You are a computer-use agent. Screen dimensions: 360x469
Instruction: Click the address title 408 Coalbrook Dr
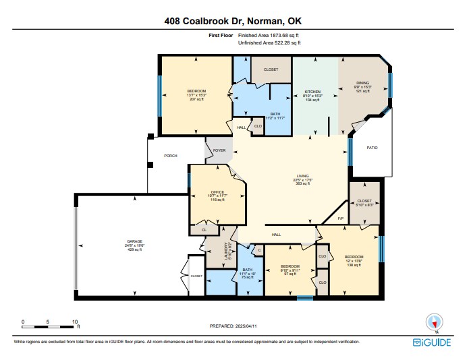234,21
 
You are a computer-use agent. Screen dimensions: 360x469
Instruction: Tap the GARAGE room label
135,241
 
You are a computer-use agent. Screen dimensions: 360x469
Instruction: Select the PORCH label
171,156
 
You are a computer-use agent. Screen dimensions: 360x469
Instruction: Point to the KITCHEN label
312,92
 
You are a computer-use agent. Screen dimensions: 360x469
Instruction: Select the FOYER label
219,150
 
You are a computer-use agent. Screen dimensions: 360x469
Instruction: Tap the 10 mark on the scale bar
75,322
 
